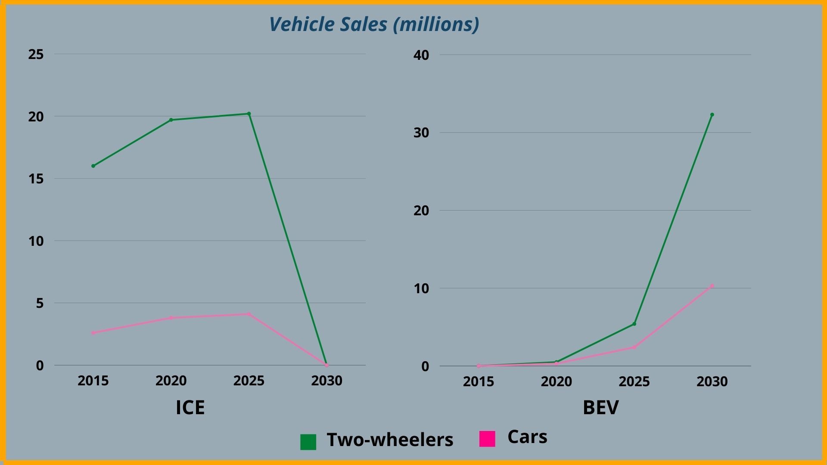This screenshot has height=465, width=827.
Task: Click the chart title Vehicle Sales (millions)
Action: (374, 24)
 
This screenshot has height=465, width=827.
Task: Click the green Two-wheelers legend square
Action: (308, 442)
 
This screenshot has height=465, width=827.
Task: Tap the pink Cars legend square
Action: (487, 439)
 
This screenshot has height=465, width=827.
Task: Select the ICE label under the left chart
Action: (190, 407)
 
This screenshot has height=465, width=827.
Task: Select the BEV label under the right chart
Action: (600, 407)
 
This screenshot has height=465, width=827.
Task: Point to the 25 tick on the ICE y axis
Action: (36, 54)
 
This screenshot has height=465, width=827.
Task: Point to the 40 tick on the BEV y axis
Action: (421, 55)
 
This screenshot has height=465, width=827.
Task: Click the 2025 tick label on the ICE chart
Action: (249, 381)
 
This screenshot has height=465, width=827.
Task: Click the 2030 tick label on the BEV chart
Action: (712, 381)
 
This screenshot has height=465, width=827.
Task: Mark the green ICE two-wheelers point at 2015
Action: (93, 166)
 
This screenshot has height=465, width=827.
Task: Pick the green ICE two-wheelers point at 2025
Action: (249, 114)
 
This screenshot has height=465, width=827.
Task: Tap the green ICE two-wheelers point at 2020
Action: (171, 120)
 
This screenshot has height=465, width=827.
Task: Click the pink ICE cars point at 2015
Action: (93, 333)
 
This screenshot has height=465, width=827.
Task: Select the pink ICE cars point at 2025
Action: (249, 314)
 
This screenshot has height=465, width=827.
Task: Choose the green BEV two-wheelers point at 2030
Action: (712, 115)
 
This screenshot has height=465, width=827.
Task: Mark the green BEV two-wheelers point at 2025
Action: (634, 324)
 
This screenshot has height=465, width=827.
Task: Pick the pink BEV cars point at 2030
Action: (712, 286)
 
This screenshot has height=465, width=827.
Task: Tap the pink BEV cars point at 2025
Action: (634, 347)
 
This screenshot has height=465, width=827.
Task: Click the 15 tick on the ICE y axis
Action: (36, 179)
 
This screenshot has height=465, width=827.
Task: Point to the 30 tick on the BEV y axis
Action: (421, 133)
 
